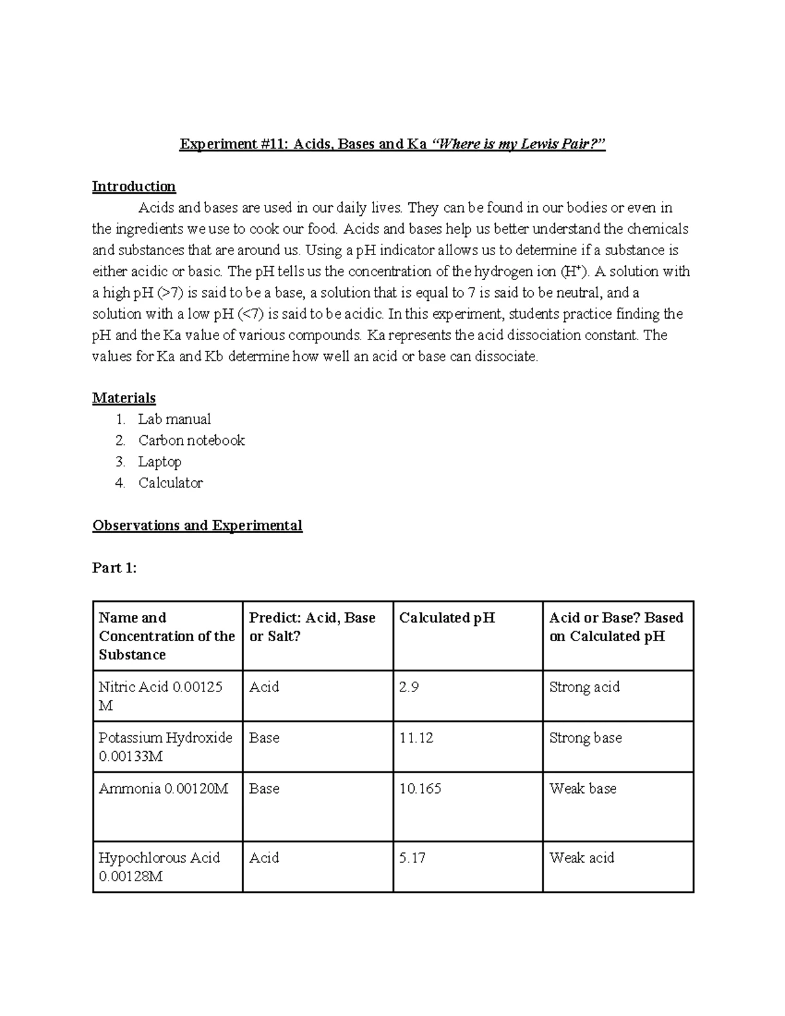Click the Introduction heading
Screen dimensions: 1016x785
click(133, 186)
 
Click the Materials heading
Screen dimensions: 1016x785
click(124, 398)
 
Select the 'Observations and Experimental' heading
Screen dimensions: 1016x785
click(197, 525)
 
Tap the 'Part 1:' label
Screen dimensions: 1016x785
click(114, 568)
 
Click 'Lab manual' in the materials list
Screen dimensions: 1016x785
click(174, 419)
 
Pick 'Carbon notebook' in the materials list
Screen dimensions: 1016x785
click(191, 440)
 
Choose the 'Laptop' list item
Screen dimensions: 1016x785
click(160, 462)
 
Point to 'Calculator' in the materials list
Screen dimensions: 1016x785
click(170, 483)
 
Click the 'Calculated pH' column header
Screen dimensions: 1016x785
click(447, 618)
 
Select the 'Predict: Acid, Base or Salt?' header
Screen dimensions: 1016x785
click(312, 627)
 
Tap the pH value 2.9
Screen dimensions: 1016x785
click(409, 687)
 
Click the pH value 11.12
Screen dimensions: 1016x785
click(416, 738)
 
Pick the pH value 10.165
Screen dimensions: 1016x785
click(420, 789)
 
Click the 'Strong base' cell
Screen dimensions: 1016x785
click(585, 738)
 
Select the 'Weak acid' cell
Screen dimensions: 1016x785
click(582, 858)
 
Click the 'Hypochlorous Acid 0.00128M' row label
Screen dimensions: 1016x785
click(159, 867)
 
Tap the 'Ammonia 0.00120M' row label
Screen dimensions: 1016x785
click(163, 789)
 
